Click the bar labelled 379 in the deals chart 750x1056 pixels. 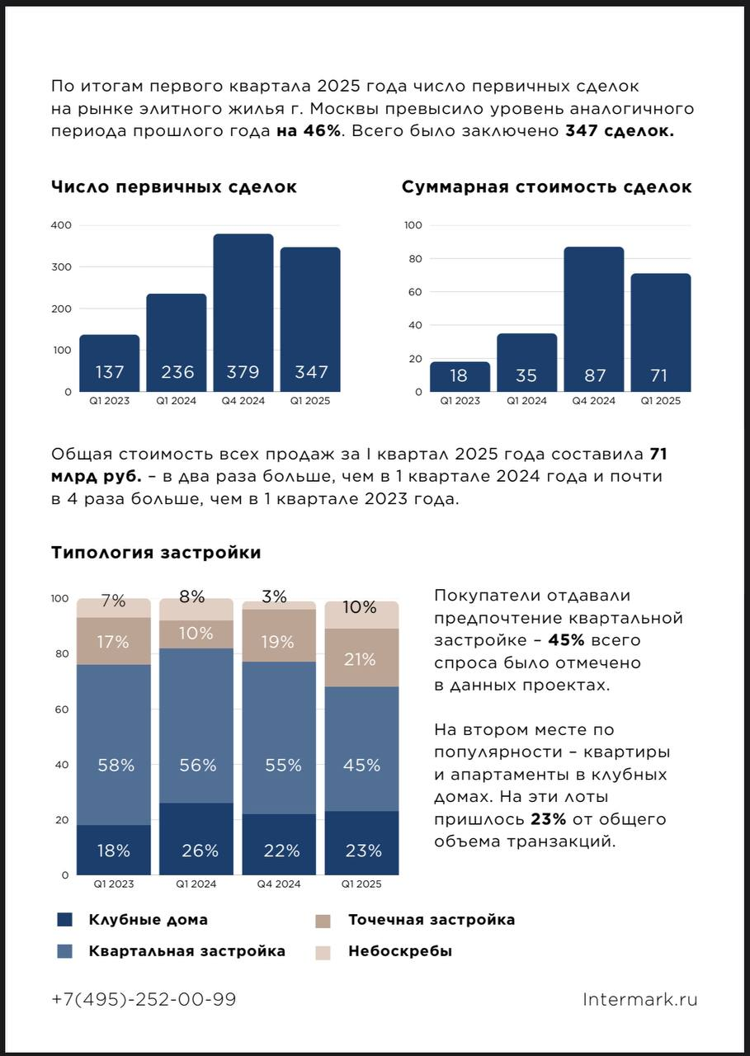243,313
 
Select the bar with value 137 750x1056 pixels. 110,363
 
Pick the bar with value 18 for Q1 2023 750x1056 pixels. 460,377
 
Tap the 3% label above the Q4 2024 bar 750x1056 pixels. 275,596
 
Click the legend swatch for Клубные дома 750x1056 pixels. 65,920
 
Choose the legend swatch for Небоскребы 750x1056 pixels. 323,952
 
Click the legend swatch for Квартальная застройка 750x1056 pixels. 65,951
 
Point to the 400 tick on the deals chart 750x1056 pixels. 62,225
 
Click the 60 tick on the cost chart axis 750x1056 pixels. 413,292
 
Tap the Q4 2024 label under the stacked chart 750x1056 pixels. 278,884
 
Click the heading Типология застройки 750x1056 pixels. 156,553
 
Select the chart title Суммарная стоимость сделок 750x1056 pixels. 546,187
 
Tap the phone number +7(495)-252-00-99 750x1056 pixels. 144,999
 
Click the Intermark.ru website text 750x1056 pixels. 639,999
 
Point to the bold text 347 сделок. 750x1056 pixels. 619,131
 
